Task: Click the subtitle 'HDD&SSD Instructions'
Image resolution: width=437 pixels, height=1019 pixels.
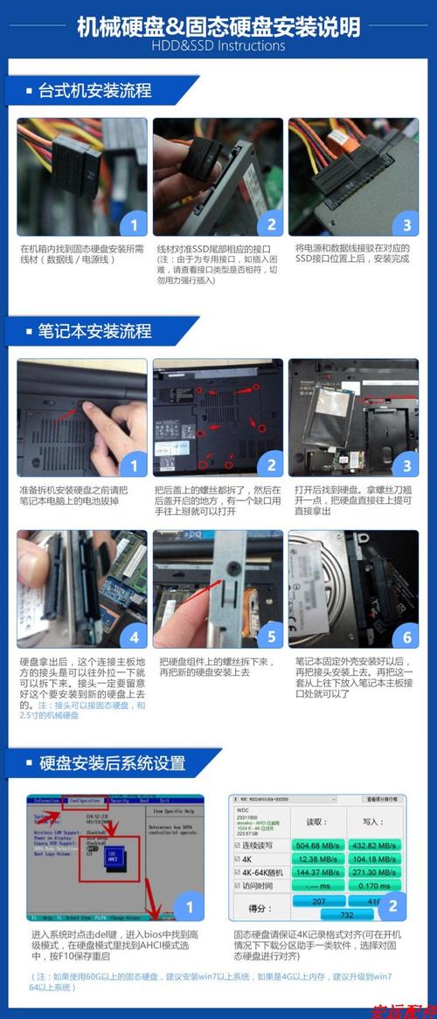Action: (218, 45)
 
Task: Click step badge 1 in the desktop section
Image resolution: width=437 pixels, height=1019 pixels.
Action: (133, 224)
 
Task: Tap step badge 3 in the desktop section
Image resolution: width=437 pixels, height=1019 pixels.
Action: (406, 224)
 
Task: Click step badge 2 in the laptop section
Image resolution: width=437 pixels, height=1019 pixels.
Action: (270, 465)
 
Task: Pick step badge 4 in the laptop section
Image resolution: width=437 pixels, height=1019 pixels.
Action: (133, 635)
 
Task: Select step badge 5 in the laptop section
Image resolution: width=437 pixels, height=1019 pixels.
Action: (270, 635)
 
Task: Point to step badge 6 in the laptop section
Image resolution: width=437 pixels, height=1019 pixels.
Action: (406, 635)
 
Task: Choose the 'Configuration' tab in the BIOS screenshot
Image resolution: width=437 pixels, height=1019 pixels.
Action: (84, 800)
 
